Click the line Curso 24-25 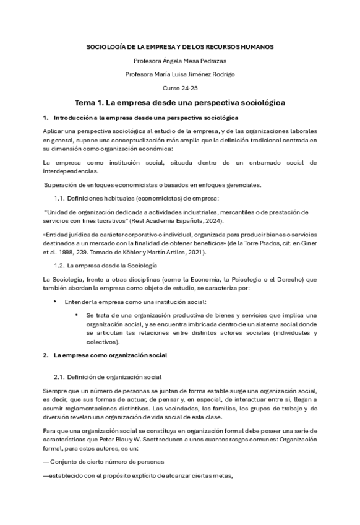coord(180,88)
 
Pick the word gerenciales coord(242,185)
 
